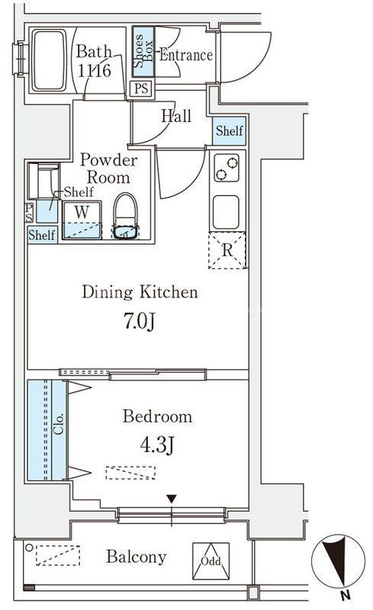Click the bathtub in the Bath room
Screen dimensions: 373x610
(50, 61)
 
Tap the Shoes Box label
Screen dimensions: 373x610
(143, 51)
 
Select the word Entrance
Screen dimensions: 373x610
(185, 55)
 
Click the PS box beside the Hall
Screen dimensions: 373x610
(141, 88)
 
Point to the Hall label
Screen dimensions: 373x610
(176, 116)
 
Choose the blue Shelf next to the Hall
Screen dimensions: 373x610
(230, 130)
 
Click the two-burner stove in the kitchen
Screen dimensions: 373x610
(227, 168)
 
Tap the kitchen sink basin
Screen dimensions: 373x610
(226, 212)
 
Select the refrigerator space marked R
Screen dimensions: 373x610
(227, 250)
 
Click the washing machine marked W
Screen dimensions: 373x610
(82, 220)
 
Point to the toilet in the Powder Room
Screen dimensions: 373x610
(125, 216)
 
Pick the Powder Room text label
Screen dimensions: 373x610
(108, 169)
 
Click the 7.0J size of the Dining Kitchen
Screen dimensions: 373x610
(140, 321)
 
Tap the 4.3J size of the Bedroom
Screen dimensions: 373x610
(157, 445)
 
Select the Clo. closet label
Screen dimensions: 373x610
(59, 424)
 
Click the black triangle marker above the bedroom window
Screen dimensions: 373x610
(172, 499)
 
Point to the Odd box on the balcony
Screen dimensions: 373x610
(211, 561)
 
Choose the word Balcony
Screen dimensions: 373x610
(137, 557)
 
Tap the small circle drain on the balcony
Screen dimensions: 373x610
(29, 547)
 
